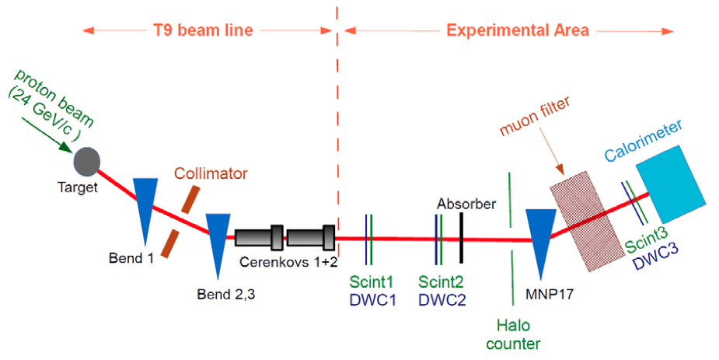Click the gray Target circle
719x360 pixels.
[87, 162]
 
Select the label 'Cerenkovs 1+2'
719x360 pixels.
[289, 262]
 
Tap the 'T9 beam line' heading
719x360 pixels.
[203, 30]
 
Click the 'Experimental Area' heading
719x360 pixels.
[518, 30]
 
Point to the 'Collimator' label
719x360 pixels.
[211, 173]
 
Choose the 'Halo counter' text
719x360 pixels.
[514, 334]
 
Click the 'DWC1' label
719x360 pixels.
[372, 300]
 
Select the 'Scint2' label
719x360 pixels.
[442, 281]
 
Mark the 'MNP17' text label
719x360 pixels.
[550, 293]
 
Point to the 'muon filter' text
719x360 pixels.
[535, 116]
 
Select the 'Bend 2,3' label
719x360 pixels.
[226, 294]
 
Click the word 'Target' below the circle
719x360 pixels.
[78, 187]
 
